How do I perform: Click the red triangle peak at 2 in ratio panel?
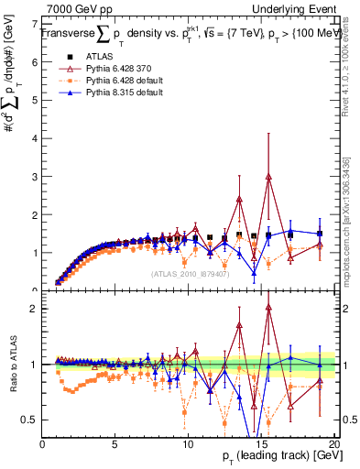pos(268,308)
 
